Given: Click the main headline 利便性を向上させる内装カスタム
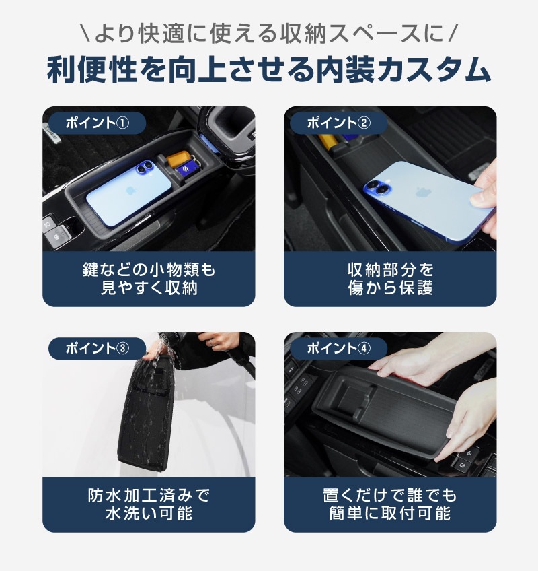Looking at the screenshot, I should click(269, 70).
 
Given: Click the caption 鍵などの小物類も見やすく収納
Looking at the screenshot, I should click(149, 279).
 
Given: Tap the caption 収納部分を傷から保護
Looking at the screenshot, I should click(390, 279).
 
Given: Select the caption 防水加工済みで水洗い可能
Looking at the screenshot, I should click(149, 504).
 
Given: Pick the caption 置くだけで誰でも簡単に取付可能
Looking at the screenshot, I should click(390, 504).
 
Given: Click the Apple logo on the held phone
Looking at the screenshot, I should click(423, 191).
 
